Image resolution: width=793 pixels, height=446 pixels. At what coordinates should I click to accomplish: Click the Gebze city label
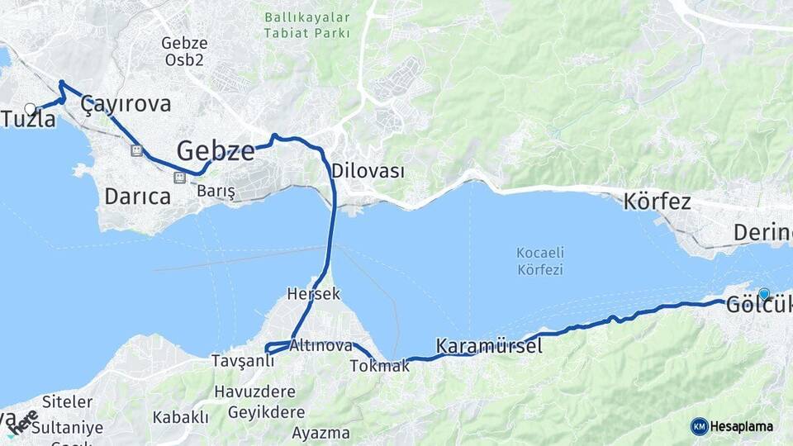coord(216,150)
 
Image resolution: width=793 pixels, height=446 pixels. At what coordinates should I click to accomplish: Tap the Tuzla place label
coord(29,119)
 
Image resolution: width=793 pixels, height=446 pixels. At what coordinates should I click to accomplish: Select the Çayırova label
coord(126,104)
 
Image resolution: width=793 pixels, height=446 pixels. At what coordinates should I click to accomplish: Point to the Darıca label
coord(137,197)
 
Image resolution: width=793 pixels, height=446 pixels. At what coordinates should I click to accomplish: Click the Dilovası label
coord(368,172)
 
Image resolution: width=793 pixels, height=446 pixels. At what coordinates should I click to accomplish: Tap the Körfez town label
coord(658,201)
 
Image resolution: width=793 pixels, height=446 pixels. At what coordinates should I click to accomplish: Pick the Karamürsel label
coord(489,346)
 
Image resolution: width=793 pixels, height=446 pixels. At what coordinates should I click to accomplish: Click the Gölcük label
coord(758,305)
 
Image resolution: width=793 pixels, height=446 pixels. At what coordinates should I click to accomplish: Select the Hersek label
coord(313,293)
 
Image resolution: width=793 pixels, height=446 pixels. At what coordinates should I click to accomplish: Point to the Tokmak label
coord(379,365)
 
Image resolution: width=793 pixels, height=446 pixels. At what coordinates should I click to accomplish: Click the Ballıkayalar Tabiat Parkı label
coord(307,25)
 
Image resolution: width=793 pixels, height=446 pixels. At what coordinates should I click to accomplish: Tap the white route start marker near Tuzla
coord(31,108)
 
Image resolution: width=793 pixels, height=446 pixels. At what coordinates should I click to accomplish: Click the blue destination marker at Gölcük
coord(763,293)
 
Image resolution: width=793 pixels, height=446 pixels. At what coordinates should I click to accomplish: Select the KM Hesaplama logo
coord(732,426)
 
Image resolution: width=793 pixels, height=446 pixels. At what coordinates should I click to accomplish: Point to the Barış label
coord(216,192)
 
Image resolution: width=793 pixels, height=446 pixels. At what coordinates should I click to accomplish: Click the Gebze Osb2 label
coord(184,51)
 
